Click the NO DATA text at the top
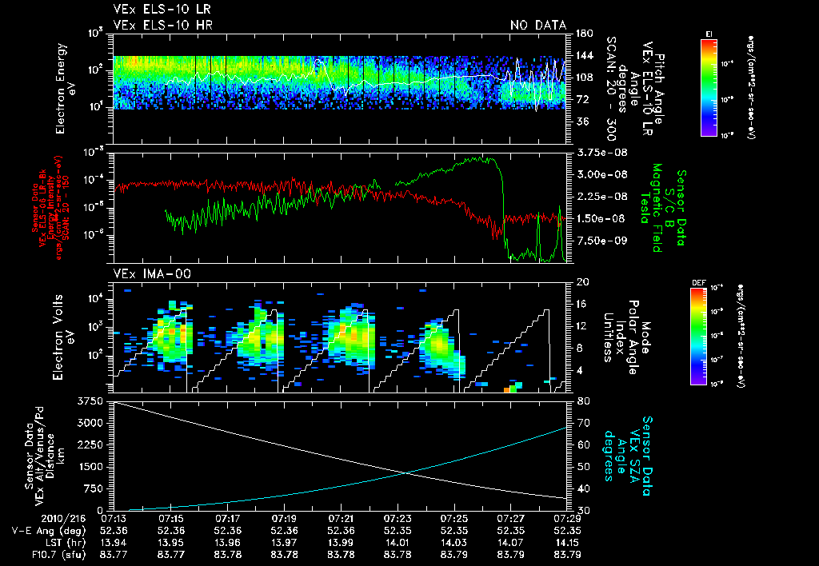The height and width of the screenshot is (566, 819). (x=538, y=25)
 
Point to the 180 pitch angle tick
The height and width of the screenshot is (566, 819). (x=582, y=33)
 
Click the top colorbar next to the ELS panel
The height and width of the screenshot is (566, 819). (x=709, y=86)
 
